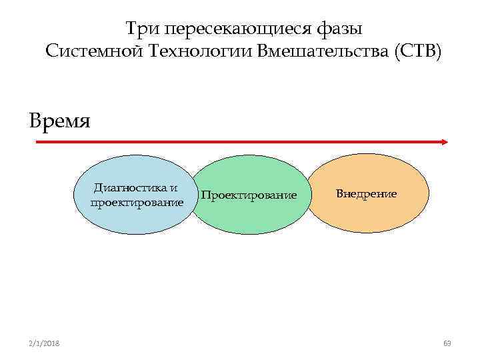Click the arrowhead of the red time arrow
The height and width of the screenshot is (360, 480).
point(443,142)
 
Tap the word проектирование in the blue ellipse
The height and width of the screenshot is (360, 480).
point(137,201)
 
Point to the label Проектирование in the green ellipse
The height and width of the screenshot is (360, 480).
point(248,195)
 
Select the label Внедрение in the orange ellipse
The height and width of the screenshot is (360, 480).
point(366,194)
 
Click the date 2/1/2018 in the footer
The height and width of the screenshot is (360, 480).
point(44,343)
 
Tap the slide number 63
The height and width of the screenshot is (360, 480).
point(447,343)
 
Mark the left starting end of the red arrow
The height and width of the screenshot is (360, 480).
point(37,142)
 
